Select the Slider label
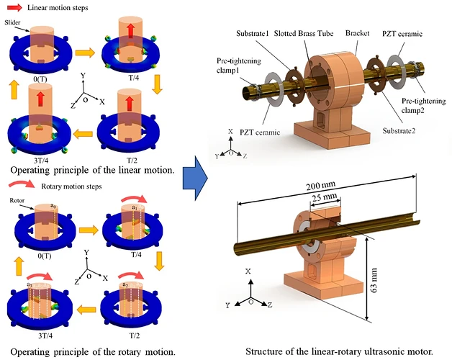pos(19,23)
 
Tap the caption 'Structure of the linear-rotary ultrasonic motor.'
pos(338,351)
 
